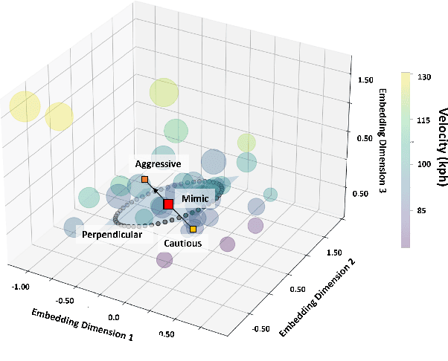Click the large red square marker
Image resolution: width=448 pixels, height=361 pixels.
168,204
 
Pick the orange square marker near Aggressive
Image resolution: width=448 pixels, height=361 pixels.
144,179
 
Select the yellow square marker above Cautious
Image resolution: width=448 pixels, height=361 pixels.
193,229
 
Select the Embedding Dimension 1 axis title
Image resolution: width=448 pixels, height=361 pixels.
83,324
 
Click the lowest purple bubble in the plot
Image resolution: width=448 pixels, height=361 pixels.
164,259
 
